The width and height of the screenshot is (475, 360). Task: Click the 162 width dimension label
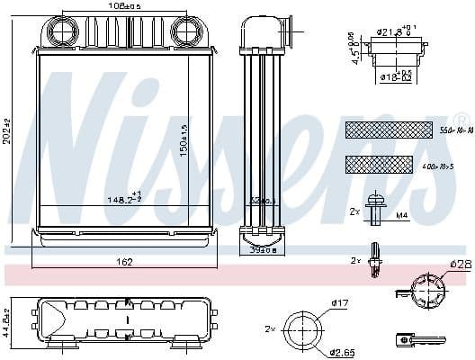click(124, 262)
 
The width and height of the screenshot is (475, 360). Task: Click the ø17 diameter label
click(339, 302)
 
